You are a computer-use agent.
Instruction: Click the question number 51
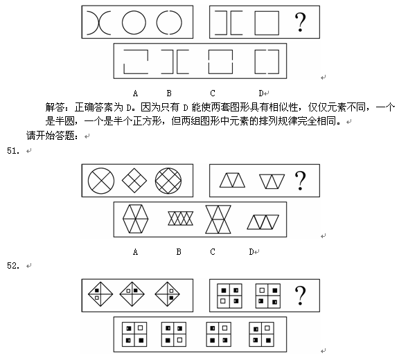tap(13, 151)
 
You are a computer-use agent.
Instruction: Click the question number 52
tap(13, 266)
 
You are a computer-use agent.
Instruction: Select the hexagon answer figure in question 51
tap(135, 219)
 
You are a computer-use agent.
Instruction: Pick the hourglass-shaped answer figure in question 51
tap(218, 219)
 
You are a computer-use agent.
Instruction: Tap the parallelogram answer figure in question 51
tap(263, 222)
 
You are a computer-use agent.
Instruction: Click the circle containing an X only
tap(101, 181)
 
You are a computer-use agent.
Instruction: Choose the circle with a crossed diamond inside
tap(168, 181)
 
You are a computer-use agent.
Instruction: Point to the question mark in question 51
tap(300, 181)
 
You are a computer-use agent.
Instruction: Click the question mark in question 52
tap(300, 296)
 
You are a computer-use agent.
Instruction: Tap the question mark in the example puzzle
tap(300, 22)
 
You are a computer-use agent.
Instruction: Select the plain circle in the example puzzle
tap(134, 22)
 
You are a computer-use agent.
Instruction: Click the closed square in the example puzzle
tap(267, 23)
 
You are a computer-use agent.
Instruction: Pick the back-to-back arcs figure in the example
tap(99, 23)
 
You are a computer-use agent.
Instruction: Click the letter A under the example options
tap(135, 93)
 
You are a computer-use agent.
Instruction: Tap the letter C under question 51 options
tap(213, 252)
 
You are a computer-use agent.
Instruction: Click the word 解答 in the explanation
tap(55, 107)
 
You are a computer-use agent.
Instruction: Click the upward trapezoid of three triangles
tap(232, 180)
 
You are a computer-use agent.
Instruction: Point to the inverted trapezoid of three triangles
tap(272, 181)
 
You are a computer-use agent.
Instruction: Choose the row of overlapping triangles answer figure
tap(180, 218)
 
